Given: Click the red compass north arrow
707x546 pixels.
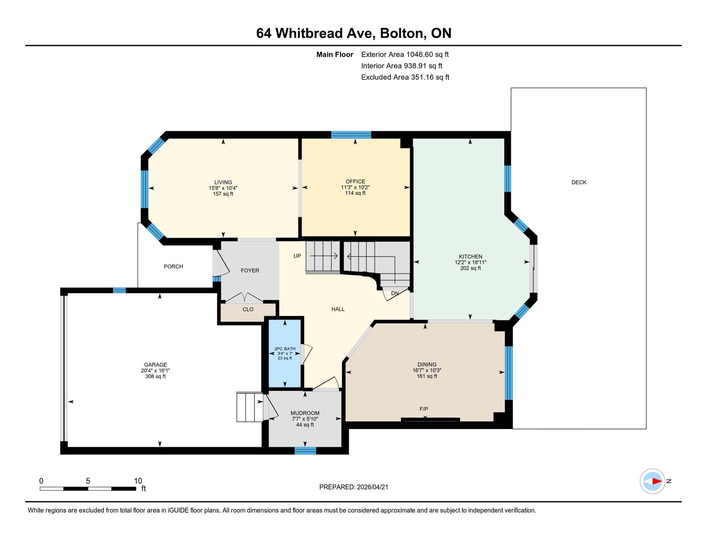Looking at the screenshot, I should [x=656, y=481].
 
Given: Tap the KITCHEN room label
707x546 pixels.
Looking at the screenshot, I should [x=470, y=257].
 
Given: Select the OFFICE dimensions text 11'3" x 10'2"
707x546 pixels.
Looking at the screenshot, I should [x=355, y=187].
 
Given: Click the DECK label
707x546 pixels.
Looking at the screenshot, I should [x=579, y=182].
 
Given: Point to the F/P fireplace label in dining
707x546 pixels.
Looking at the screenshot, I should [x=423, y=409].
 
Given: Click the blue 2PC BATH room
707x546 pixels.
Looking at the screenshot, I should [x=285, y=370].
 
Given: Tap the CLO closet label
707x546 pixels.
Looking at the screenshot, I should [x=248, y=310].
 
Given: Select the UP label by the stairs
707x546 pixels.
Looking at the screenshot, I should [x=297, y=256].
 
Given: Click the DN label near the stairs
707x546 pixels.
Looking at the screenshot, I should [x=394, y=294].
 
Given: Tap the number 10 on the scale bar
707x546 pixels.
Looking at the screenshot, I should [x=138, y=481].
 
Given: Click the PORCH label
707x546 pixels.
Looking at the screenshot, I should [x=173, y=267].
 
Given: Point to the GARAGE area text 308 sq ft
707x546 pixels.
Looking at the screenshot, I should [x=155, y=376].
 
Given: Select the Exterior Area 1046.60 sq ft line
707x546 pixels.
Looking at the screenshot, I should [x=404, y=54].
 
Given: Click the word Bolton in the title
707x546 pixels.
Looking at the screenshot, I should [x=403, y=33].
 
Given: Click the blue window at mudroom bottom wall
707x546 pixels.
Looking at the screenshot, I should [x=305, y=451].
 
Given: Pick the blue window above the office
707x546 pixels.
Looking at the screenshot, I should [x=351, y=135].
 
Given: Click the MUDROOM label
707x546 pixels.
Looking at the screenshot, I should [x=305, y=413].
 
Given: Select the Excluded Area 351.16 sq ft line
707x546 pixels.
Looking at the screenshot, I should [x=405, y=77].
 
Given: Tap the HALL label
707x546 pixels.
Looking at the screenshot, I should [x=338, y=309].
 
